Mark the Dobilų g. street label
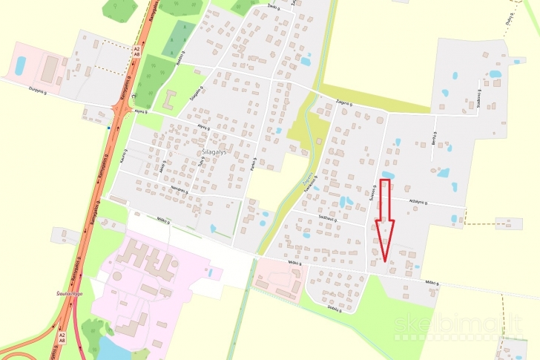tap(335, 306)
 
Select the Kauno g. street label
tap(123, 158)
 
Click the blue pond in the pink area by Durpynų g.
tap(21, 65)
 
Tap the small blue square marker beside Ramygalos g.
tap(109, 127)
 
